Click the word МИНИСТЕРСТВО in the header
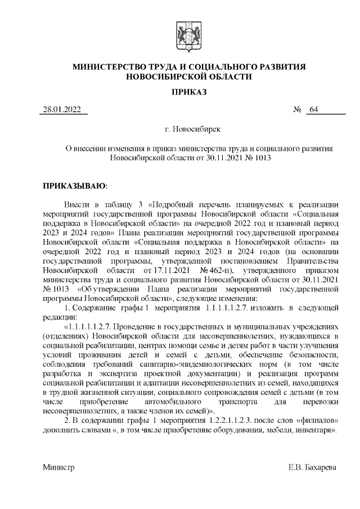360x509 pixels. pos(110,67)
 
